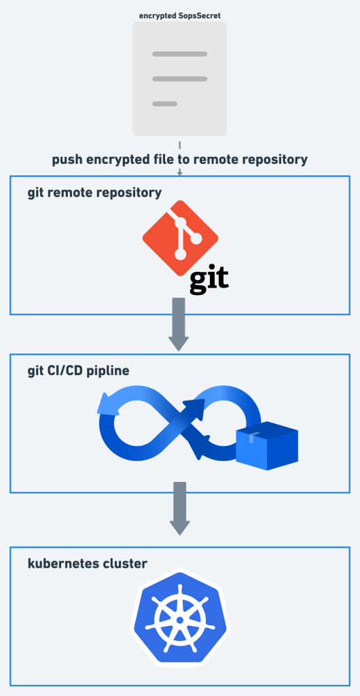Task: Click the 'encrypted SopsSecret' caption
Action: (179, 14)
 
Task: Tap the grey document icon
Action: (179, 78)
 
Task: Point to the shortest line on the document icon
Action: (164, 104)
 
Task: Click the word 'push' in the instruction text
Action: (68, 160)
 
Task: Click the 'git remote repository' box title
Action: (94, 192)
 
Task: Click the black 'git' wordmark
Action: (208, 279)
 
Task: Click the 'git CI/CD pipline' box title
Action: (78, 371)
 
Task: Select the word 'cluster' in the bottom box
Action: (126, 563)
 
